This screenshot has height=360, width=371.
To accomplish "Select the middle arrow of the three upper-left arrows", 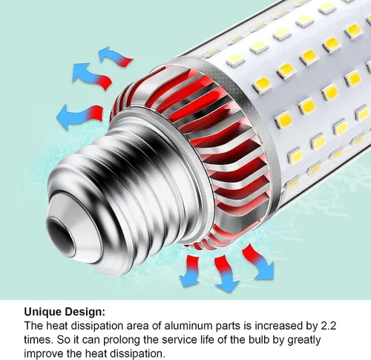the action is [x=91, y=76].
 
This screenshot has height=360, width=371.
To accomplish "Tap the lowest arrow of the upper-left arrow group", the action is [x=79, y=116].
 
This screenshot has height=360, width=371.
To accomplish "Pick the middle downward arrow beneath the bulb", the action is [x=226, y=273].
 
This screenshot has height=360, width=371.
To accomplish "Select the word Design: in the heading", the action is [x=85, y=312].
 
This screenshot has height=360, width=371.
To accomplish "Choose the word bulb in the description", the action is [x=260, y=340].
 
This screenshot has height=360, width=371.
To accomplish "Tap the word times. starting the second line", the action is [x=39, y=340].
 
